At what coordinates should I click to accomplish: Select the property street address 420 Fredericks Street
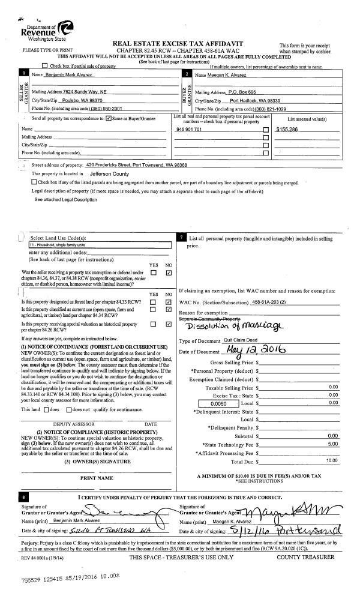pos(136,164)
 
